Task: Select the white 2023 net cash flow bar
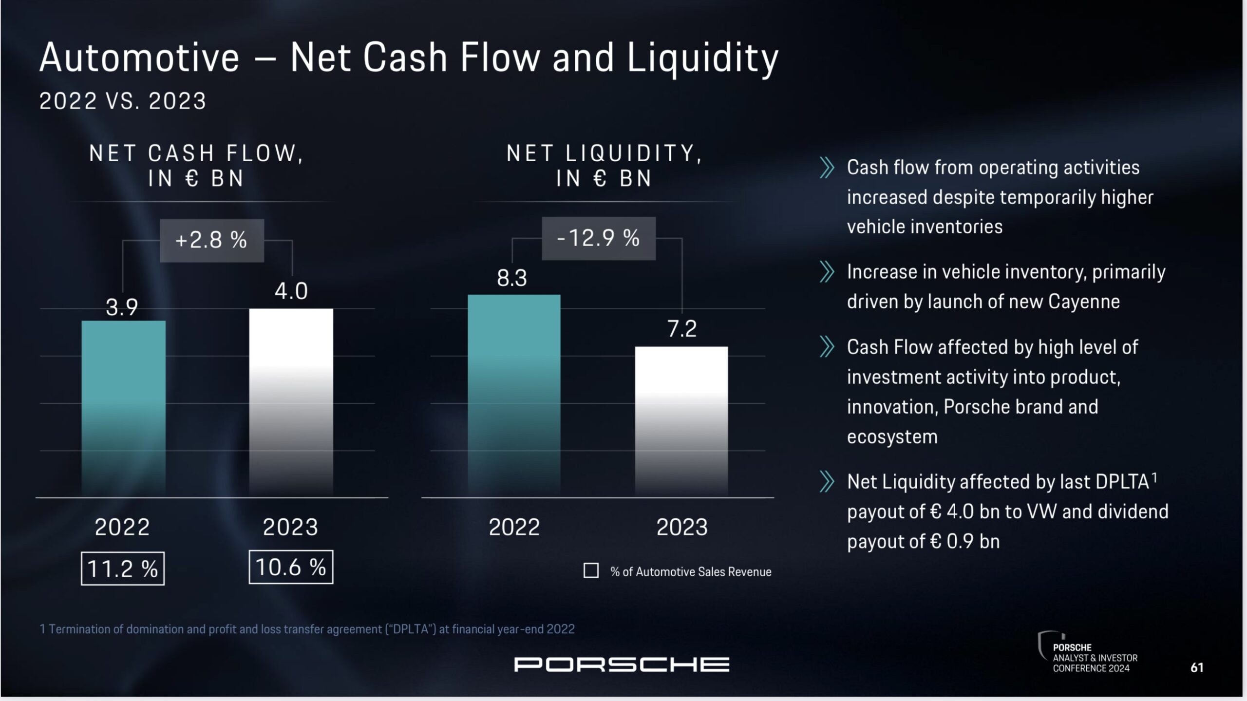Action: click(291, 402)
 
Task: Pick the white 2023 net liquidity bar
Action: click(681, 421)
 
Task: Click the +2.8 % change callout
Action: click(212, 240)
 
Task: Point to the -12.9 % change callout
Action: click(598, 238)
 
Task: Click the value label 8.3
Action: click(512, 278)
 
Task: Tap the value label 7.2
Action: click(681, 329)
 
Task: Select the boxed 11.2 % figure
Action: click(123, 568)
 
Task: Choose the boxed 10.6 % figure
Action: click(291, 567)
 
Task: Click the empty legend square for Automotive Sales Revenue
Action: click(591, 570)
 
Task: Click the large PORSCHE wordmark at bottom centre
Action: click(622, 664)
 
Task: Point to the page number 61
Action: click(1197, 667)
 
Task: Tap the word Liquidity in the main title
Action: click(702, 58)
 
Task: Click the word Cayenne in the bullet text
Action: click(1084, 302)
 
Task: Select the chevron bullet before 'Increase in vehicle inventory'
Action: click(827, 272)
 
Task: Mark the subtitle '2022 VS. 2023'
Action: click(123, 101)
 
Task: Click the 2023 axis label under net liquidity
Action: click(681, 527)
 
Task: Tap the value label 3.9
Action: click(122, 307)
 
